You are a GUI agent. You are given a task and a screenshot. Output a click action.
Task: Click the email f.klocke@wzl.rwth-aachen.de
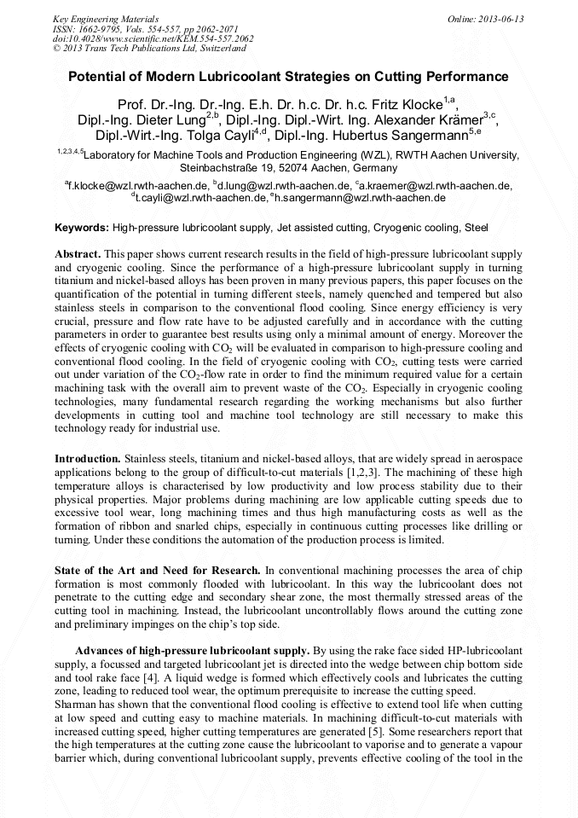pos(138,185)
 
